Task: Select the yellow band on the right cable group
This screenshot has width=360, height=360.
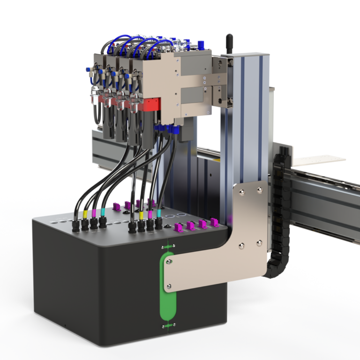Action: point(142,215)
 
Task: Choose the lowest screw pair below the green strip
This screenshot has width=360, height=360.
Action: point(167,325)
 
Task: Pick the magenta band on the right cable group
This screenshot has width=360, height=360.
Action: point(150,214)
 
